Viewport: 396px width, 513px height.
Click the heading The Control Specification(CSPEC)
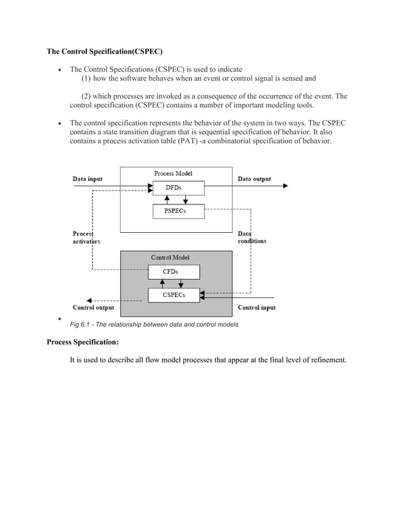(x=106, y=51)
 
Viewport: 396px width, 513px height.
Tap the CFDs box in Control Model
(x=173, y=271)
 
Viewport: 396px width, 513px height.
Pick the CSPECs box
(x=173, y=295)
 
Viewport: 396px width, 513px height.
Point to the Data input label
(x=88, y=179)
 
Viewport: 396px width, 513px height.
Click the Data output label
(x=254, y=179)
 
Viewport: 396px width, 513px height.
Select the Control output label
(x=93, y=307)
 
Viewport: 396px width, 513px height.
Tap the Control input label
(x=257, y=307)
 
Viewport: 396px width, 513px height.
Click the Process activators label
(x=86, y=237)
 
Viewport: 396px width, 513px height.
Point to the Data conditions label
(x=252, y=237)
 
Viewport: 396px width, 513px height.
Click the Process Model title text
(x=173, y=173)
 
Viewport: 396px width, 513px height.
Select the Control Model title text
(x=171, y=257)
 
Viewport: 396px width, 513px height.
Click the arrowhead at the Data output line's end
(x=285, y=186)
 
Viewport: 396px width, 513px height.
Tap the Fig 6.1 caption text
(x=153, y=325)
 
